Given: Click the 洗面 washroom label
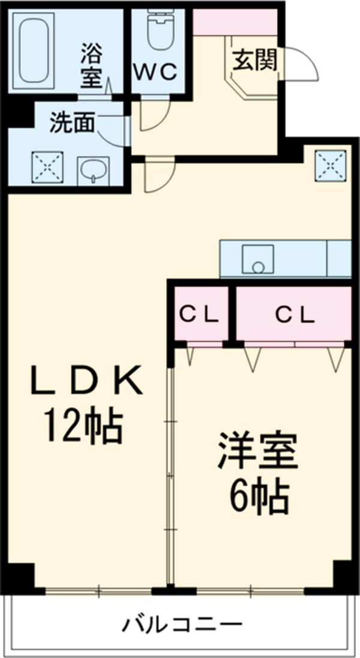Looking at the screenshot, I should tap(72, 122).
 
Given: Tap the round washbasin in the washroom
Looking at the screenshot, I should tap(93, 172).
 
